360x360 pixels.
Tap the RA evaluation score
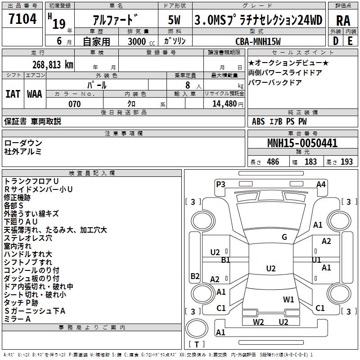(343, 20)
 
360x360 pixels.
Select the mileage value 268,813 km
(52, 64)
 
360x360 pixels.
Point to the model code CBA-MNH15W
(258, 41)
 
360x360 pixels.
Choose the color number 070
(75, 104)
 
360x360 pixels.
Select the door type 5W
(175, 20)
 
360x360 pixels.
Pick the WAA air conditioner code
(34, 94)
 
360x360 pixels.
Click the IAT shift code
(13, 94)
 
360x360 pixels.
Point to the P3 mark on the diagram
(220, 184)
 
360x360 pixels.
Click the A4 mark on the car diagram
(321, 184)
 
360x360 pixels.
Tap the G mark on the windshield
(284, 237)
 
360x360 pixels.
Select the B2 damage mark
(195, 276)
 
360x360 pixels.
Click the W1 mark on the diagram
(288, 299)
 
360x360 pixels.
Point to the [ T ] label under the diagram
(197, 345)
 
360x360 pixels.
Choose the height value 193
(347, 162)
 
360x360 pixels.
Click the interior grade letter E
(350, 41)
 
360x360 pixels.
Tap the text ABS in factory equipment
(258, 121)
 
